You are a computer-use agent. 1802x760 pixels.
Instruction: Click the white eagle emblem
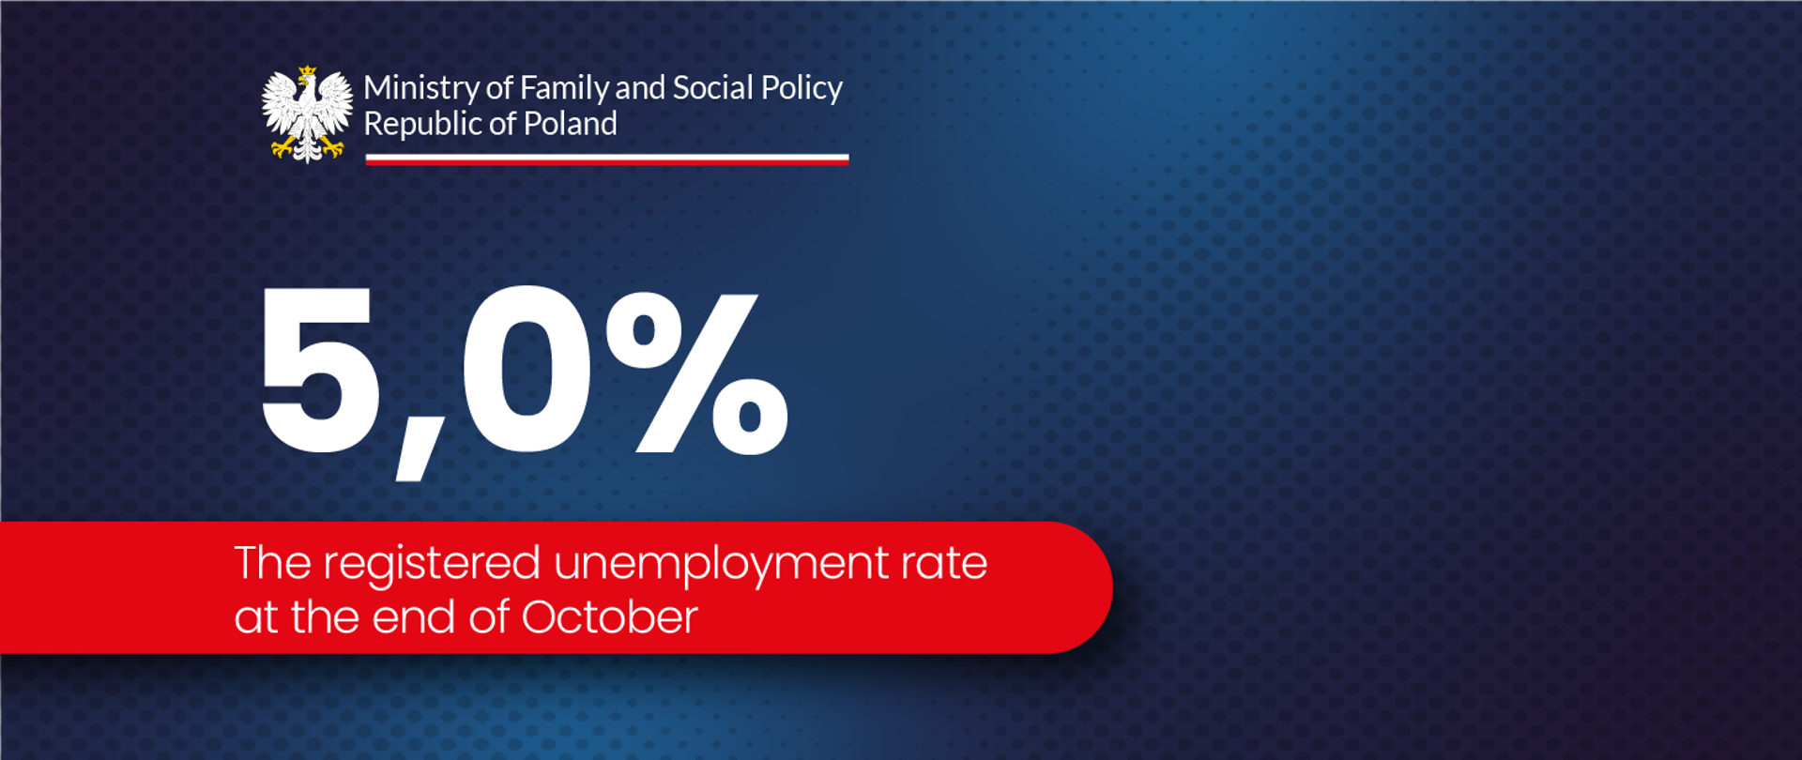(x=307, y=114)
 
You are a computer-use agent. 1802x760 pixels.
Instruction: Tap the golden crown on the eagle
(x=307, y=72)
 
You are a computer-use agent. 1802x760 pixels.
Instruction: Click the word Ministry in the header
(x=421, y=88)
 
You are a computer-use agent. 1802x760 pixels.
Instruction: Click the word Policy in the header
(x=802, y=89)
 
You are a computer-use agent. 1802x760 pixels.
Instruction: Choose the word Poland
(x=570, y=124)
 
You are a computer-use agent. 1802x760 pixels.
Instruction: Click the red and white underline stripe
(x=606, y=160)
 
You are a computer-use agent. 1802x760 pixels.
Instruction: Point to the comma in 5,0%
(x=416, y=460)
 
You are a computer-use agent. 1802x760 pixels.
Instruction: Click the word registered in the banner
(x=432, y=565)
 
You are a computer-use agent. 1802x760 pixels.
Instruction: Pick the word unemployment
(x=720, y=565)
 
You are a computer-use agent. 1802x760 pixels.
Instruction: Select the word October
(x=609, y=617)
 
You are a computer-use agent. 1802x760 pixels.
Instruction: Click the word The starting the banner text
(x=272, y=563)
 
